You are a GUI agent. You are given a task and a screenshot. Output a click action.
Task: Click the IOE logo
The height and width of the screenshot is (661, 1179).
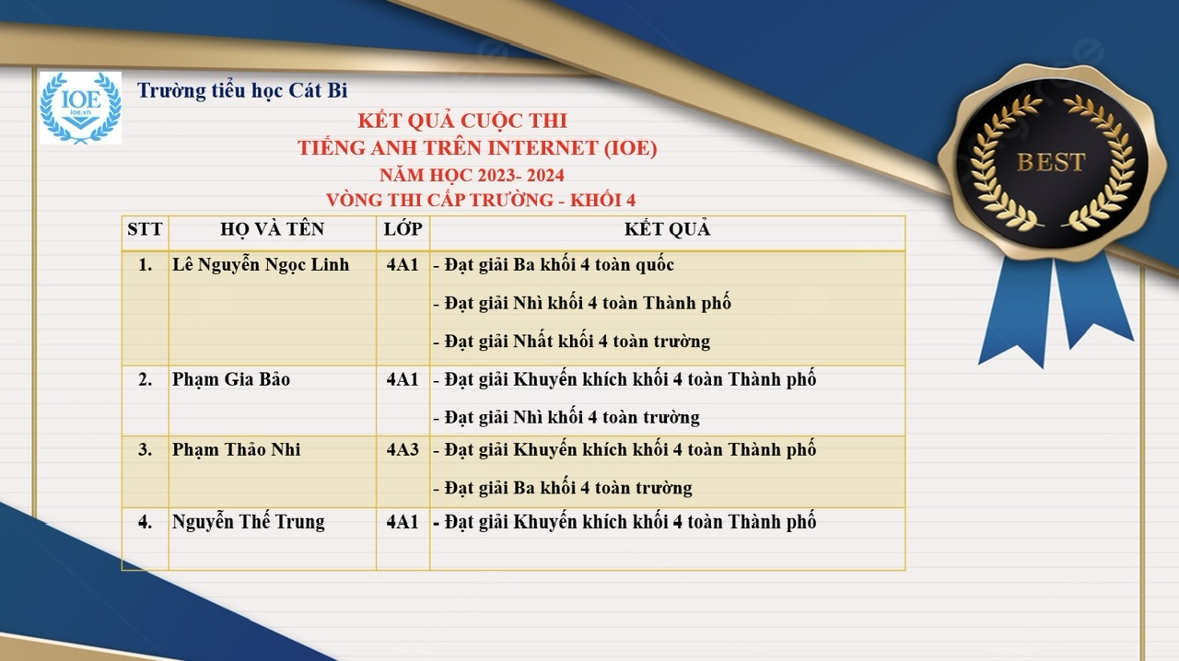pos(80,108)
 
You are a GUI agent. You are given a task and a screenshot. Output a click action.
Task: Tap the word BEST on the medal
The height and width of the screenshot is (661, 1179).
pos(1051,162)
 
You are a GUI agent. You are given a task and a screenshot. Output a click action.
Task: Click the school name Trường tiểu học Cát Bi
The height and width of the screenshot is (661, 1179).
pos(242,90)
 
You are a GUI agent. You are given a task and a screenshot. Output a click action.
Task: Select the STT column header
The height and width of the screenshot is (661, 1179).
pos(145,229)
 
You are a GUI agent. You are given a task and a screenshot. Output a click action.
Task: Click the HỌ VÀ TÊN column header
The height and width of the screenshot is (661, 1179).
pos(272,229)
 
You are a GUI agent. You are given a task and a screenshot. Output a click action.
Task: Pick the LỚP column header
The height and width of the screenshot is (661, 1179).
pos(403,229)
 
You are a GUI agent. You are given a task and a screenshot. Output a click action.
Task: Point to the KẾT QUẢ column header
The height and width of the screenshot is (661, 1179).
pos(668,229)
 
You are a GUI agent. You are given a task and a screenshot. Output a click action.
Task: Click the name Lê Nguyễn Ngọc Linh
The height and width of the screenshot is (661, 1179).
pos(261,265)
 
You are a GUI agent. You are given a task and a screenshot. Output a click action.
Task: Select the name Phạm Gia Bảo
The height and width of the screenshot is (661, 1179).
pos(231,379)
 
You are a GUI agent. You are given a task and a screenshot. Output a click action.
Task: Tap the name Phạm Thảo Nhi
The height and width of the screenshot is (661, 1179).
pos(237,449)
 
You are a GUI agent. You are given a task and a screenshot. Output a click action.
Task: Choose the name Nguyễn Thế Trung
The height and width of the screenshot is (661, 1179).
pos(249,522)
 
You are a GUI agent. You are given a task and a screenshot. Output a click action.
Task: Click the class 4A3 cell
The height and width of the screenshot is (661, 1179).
pos(403,449)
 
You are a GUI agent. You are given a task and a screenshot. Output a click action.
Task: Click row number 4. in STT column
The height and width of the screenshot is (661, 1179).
pos(146,522)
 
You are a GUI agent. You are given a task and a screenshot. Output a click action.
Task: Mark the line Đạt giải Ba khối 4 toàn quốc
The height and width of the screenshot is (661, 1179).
pos(554,265)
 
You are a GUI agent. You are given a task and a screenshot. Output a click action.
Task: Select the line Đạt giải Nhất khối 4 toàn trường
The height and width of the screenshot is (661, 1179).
pos(572,342)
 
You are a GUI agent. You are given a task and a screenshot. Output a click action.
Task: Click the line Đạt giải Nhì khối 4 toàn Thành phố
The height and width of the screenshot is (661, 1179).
pos(582,303)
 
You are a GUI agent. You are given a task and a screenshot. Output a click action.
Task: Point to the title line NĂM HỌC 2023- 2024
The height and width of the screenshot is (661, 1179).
pos(472,175)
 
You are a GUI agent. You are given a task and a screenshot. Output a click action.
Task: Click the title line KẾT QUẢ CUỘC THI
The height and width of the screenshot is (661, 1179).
pos(462,121)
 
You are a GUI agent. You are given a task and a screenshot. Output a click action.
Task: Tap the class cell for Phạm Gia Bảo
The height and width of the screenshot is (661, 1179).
pos(403,379)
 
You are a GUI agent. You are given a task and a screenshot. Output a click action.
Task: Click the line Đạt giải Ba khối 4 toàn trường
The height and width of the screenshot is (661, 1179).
pos(563,488)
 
